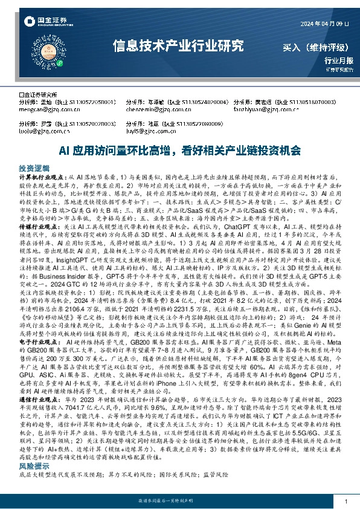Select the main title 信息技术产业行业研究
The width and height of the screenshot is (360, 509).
(x=179, y=46)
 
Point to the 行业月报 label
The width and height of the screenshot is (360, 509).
(x=338, y=60)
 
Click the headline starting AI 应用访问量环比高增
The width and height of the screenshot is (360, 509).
(x=179, y=151)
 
